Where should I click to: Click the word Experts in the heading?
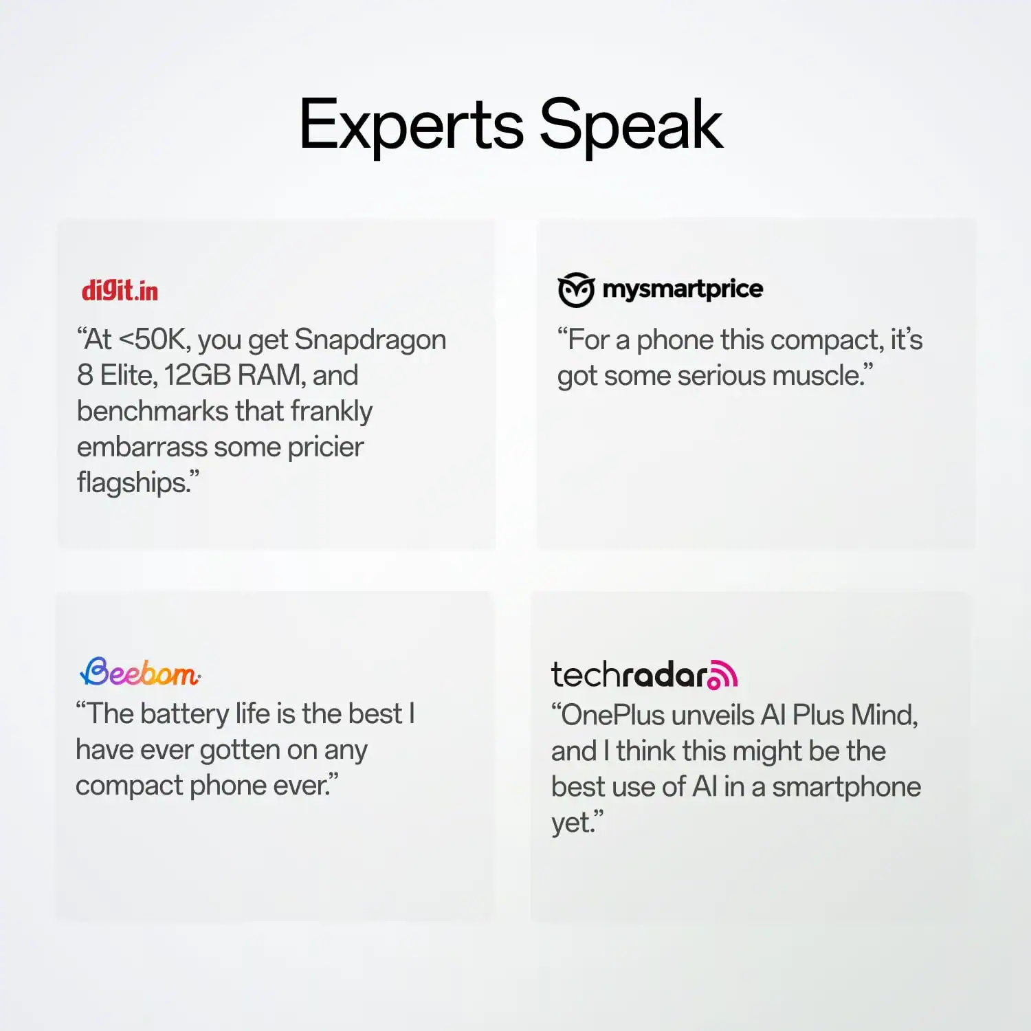(411, 125)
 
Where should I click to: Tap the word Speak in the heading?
(631, 125)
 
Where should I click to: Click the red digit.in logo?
(120, 291)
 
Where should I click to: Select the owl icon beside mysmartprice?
(575, 290)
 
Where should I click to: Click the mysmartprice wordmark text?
(683, 289)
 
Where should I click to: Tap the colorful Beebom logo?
(140, 672)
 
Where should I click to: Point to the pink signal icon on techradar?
(723, 674)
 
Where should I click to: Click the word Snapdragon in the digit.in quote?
(370, 340)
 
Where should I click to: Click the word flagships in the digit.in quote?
(132, 483)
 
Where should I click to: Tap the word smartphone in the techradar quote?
(846, 788)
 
